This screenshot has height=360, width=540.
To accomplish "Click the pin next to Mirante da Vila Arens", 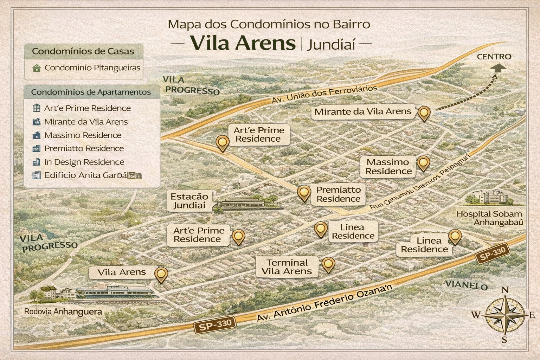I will tap(424, 113).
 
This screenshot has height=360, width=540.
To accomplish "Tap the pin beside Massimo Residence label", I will tap(423, 163).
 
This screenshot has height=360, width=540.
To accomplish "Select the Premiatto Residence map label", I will tap(338, 194).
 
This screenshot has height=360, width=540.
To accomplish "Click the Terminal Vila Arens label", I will tap(287, 267).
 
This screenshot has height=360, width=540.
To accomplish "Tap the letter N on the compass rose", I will tap(505, 290).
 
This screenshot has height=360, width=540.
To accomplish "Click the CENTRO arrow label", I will tap(494, 57).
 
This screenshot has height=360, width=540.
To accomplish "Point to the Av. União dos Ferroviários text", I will tap(324, 94).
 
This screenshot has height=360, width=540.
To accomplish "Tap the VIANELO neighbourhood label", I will tap(466, 285).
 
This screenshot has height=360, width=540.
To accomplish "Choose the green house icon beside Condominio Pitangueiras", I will tap(36, 68).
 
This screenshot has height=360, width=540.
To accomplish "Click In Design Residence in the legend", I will tap(84, 162).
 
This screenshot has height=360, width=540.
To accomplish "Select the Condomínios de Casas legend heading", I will tap(83, 51).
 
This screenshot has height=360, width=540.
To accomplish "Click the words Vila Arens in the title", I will tap(243, 43).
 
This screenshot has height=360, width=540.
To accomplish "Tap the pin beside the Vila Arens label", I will tap(161, 274).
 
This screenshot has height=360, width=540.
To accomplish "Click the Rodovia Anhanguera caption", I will tap(63, 311).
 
